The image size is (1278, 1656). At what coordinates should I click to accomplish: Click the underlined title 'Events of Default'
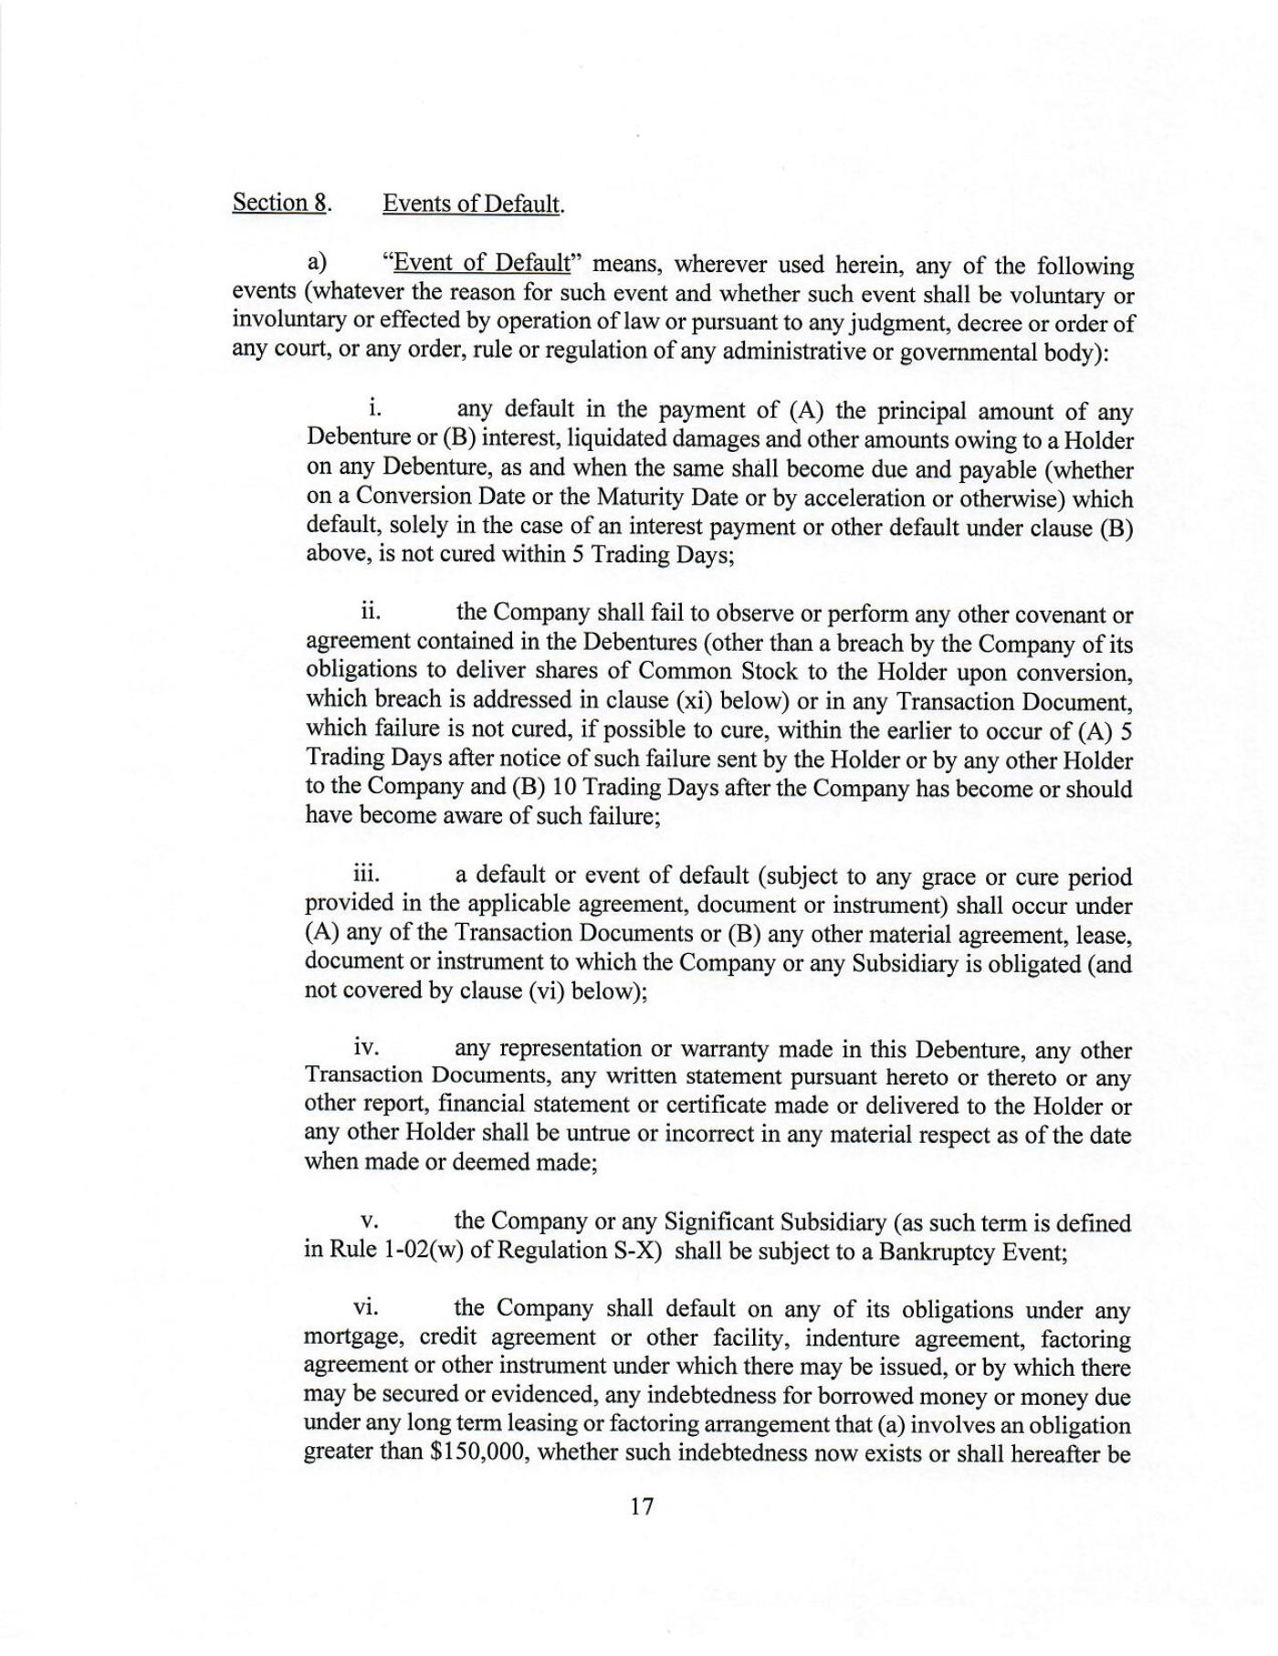471,203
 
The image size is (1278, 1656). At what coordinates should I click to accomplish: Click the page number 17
642,1506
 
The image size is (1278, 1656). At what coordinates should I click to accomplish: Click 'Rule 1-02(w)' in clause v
396,1250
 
